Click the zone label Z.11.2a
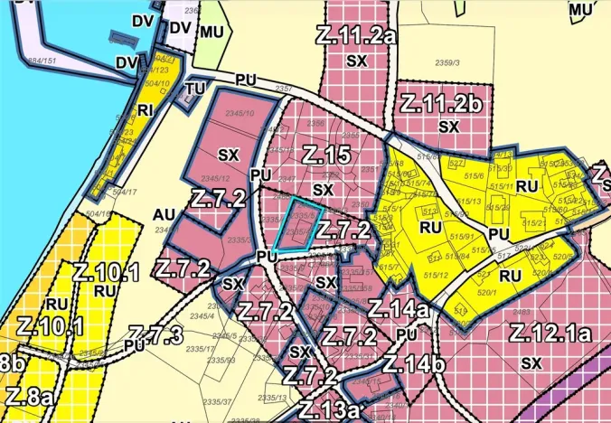(x=360, y=36)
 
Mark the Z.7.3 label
(x=157, y=334)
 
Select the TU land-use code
(x=195, y=89)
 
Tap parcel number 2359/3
(x=447, y=63)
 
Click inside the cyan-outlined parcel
(x=296, y=223)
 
